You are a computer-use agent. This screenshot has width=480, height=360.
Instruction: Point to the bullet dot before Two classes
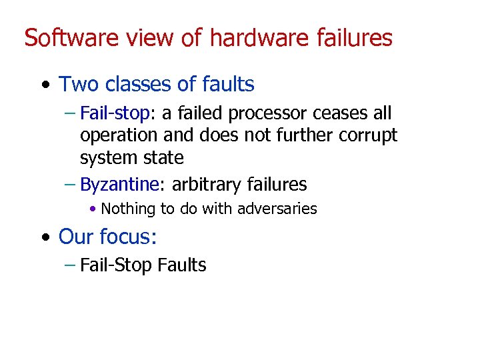coord(44,85)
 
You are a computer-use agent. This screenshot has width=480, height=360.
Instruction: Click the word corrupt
coord(367,135)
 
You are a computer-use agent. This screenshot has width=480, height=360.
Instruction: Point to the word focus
coord(129,237)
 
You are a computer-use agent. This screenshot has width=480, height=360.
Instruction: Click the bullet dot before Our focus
coord(44,237)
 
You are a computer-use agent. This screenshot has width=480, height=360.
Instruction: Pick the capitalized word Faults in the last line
coord(182,265)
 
